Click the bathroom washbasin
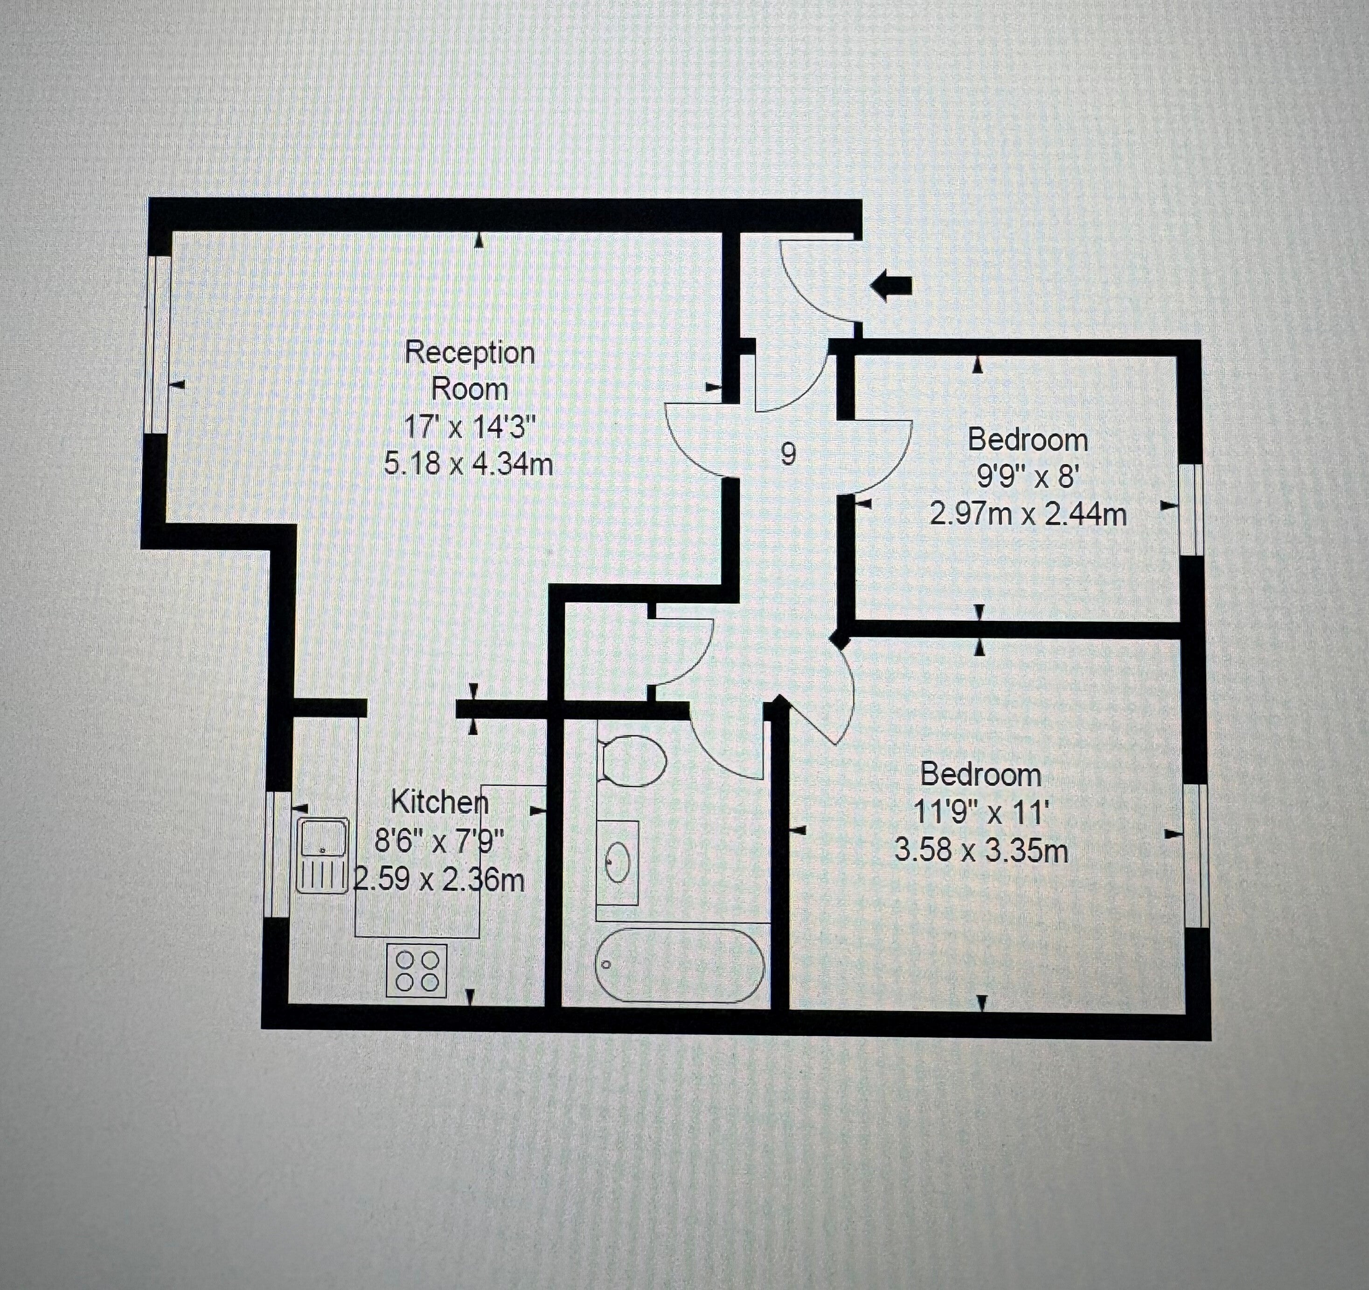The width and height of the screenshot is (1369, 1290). pos(618,862)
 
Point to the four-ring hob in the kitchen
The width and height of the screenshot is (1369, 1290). pos(417,970)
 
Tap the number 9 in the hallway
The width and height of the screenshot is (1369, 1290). pos(788,454)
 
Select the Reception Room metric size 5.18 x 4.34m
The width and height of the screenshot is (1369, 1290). pos(468,464)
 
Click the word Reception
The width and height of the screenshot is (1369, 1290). pos(470,353)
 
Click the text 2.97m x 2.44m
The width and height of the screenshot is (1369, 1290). pos(1028,514)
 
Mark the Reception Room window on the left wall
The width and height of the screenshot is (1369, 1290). pos(160,344)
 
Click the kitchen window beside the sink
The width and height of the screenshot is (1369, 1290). pos(278,854)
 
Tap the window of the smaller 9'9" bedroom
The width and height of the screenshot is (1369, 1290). pos(1191,509)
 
